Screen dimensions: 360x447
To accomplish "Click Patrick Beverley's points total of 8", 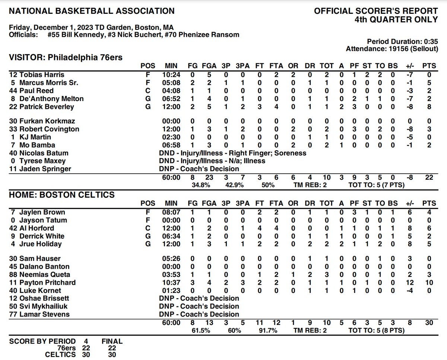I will [x=429, y=107].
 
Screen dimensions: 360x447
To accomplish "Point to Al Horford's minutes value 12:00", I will [x=172, y=228].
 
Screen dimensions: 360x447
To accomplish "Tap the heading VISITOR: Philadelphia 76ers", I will [x=66, y=57].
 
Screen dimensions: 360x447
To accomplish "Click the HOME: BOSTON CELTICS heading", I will [x=62, y=195].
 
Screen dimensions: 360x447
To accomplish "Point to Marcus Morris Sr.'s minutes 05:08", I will [x=172, y=83].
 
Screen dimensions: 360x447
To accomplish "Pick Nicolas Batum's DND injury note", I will [x=232, y=153].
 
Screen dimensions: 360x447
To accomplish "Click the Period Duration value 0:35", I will [x=430, y=41].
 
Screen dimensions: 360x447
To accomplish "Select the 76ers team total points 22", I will [x=429, y=177].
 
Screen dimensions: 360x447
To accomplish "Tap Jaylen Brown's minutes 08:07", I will [x=172, y=212].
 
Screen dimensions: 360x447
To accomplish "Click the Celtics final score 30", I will [x=112, y=355].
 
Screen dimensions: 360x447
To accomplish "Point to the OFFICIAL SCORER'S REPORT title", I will [x=376, y=11].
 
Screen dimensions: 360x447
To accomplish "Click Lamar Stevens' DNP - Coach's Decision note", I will [x=199, y=314].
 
